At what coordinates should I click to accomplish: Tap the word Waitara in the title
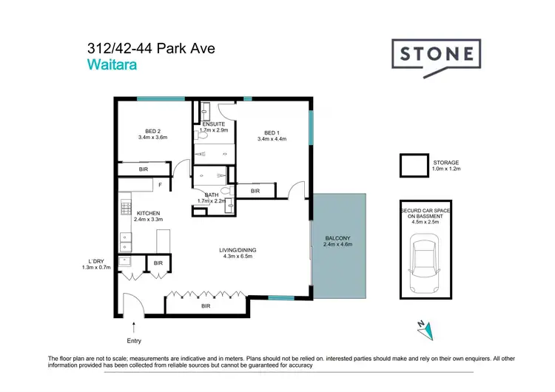111,64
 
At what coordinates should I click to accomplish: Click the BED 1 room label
272,132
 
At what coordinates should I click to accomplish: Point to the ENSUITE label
214,124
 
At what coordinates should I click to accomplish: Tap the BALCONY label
338,237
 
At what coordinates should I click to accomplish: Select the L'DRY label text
95,261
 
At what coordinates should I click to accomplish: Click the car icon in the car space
421,260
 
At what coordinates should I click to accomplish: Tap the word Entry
133,341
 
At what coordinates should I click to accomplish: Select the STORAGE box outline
413,166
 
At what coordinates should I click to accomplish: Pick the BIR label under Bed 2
144,169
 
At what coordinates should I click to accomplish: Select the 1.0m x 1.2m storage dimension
446,169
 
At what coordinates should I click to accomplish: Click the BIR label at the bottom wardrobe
206,305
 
